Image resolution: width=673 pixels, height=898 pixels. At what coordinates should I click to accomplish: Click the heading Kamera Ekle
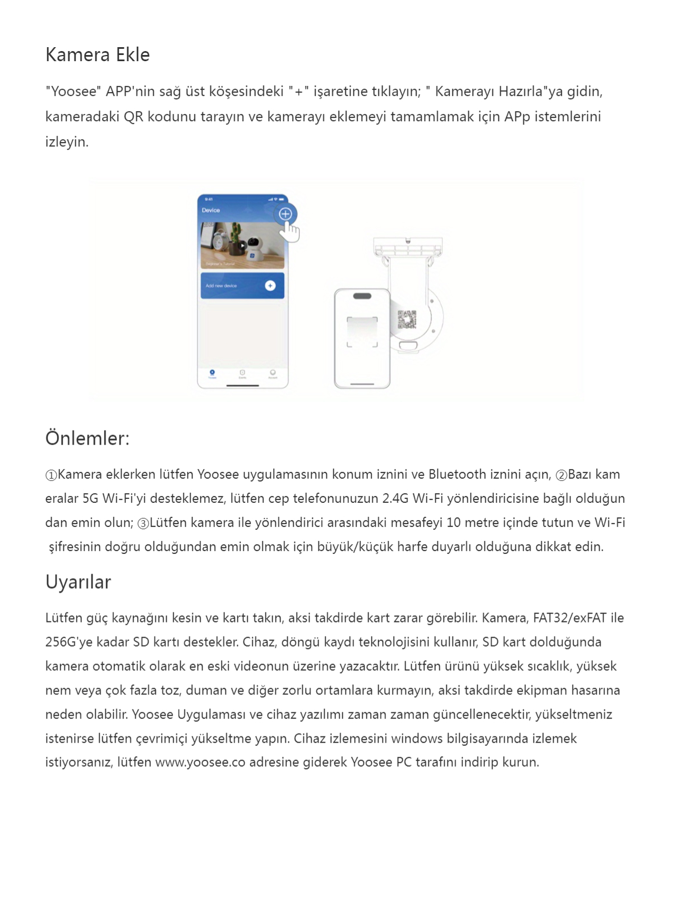click(x=98, y=55)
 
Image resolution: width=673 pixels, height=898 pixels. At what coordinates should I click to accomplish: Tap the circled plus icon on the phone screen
click(x=285, y=214)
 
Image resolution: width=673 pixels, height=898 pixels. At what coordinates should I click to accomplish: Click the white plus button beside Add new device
click(x=270, y=286)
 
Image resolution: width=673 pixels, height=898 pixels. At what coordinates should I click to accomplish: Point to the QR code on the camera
click(x=407, y=319)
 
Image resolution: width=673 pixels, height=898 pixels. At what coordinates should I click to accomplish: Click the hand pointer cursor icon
click(x=291, y=231)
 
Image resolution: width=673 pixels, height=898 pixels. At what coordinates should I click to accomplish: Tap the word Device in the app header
click(x=211, y=210)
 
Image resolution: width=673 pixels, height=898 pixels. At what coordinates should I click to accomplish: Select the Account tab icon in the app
click(x=273, y=373)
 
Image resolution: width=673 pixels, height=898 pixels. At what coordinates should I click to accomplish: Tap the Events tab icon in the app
click(x=242, y=373)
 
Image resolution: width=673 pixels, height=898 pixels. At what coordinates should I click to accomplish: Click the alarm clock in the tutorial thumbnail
click(x=215, y=241)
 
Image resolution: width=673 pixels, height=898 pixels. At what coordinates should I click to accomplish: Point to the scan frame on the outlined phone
click(x=362, y=332)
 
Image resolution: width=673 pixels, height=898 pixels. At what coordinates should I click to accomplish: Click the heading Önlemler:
click(x=87, y=438)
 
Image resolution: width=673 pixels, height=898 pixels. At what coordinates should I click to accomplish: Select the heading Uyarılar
click(x=79, y=582)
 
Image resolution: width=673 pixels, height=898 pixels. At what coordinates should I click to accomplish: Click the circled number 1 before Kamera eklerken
click(x=51, y=475)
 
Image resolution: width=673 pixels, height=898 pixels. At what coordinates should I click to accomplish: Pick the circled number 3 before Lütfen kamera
click(x=143, y=524)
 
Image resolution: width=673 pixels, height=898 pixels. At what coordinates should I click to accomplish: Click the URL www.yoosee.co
click(x=200, y=762)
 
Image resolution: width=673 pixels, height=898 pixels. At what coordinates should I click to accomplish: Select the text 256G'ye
click(x=69, y=642)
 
